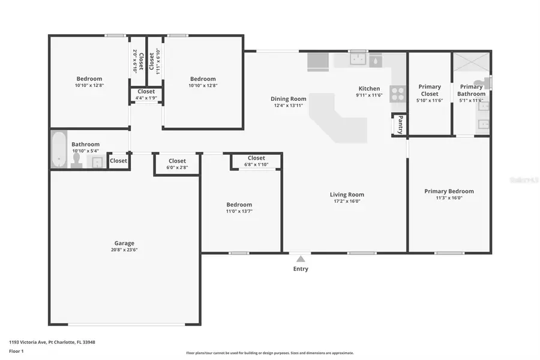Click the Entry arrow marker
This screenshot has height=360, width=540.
[301, 259]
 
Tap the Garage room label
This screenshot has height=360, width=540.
[125, 243]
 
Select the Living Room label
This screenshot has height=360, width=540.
[347, 194]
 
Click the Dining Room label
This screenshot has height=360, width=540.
[289, 99]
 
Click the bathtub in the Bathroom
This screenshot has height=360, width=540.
[59, 149]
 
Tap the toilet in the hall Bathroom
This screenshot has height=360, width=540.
[77, 160]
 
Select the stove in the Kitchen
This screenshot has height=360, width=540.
[398, 94]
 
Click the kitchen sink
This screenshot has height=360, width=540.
[358, 59]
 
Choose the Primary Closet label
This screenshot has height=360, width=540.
[430, 90]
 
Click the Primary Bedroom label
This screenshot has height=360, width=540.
[449, 191]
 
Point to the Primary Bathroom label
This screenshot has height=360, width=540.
[471, 90]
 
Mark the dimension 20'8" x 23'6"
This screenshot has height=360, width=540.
[125, 250]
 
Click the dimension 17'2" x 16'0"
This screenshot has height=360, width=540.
[347, 201]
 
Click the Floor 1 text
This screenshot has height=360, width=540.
[16, 351]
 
